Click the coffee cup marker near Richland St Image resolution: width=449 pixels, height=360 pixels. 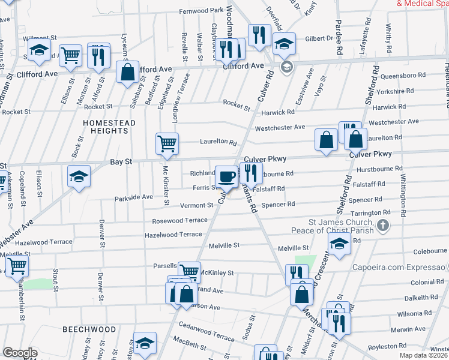coord(226,176)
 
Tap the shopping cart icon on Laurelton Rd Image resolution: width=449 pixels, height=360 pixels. coord(167,143)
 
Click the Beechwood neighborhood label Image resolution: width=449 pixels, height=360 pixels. coord(89,330)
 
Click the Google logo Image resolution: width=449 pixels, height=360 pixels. coord(20,353)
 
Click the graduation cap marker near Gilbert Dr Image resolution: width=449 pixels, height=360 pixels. coord(285,43)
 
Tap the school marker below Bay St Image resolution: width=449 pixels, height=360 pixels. coord(79,176)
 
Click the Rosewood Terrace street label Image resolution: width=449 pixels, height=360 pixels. coord(179,220)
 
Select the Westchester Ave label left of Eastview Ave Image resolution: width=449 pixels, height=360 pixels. coord(280,128)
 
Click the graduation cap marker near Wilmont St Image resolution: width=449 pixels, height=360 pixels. coord(40,50)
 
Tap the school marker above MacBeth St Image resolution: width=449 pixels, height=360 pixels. coord(145,343)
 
